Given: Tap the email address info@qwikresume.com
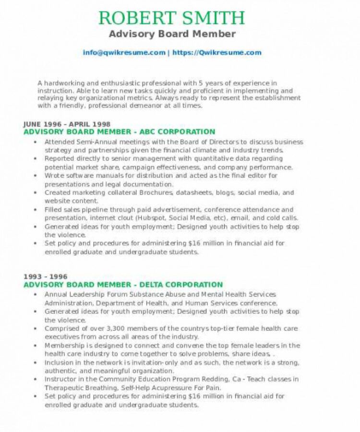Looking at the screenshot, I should pyautogui.click(x=124, y=53).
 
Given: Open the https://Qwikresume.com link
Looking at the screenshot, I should pyautogui.click(x=216, y=53).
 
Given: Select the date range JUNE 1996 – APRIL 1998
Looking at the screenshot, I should pyautogui.click(x=67, y=124).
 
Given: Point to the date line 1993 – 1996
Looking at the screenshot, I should pyautogui.click(x=46, y=276).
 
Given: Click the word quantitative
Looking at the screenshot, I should pyautogui.click(x=216, y=159).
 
